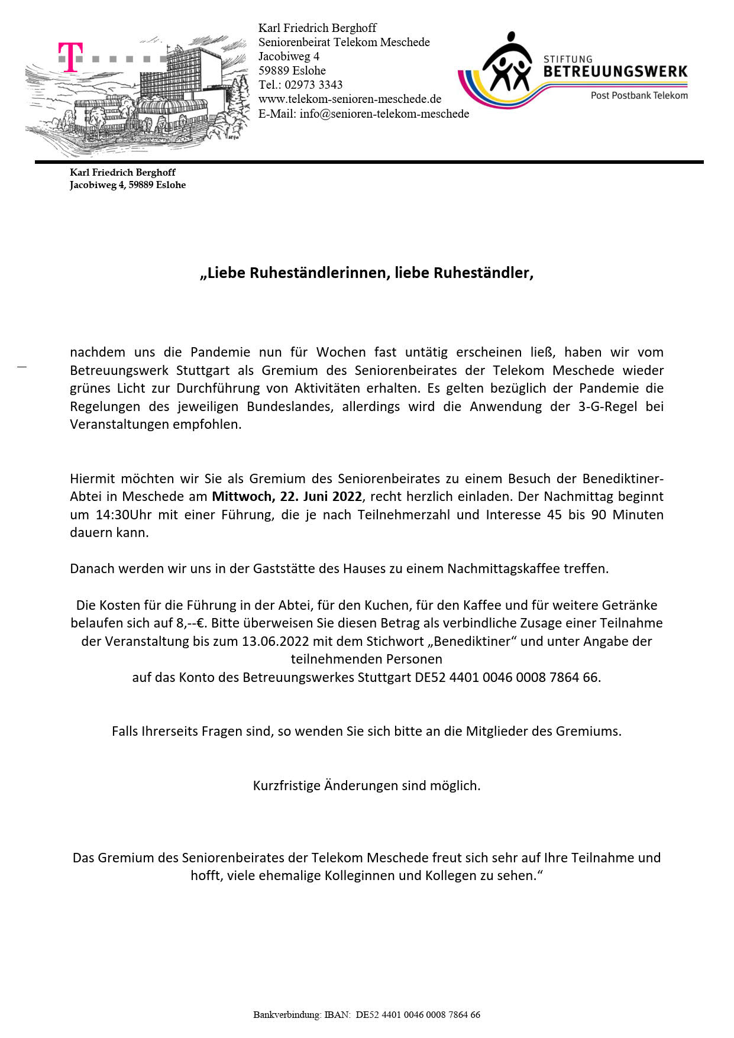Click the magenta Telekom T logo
[x=70, y=57]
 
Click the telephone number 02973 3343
[x=313, y=85]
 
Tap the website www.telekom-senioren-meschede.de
[x=350, y=99]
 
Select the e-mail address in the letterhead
[x=384, y=114]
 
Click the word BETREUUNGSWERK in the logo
[x=615, y=72]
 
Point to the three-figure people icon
[x=506, y=63]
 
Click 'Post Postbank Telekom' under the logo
[x=639, y=95]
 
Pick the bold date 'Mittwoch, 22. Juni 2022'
[x=286, y=496]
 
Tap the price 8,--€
[x=191, y=623]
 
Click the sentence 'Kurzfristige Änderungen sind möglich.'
[x=367, y=785]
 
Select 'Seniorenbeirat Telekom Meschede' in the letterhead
[x=344, y=42]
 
